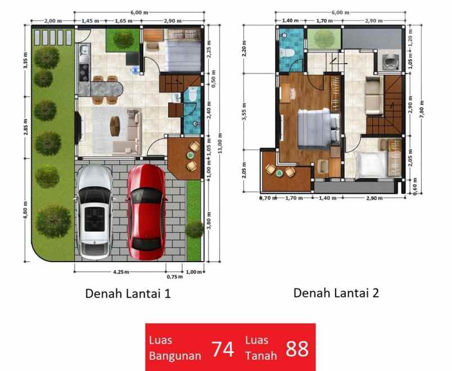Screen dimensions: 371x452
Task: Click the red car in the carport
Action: pyautogui.click(x=147, y=210)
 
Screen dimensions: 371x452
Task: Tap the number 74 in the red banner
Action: pyautogui.click(x=223, y=349)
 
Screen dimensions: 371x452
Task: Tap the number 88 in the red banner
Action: pyautogui.click(x=297, y=349)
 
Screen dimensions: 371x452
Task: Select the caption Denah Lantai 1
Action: pyautogui.click(x=128, y=294)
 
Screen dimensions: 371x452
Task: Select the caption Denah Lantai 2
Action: pyautogui.click(x=336, y=293)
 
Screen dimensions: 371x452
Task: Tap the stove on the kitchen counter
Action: pyautogui.click(x=84, y=70)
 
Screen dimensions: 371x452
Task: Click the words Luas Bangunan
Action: pyautogui.click(x=175, y=348)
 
